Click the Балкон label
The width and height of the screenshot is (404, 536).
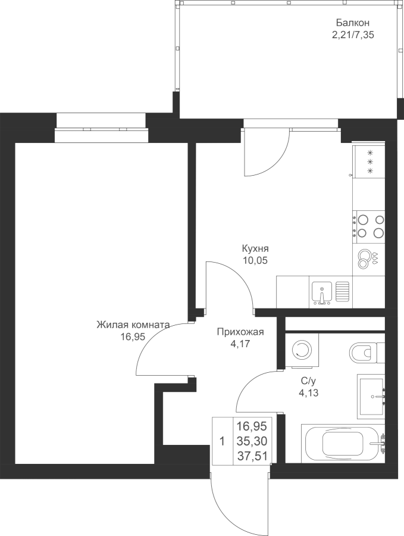[x=353, y=23]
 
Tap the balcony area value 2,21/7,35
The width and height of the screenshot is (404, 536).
[x=353, y=35]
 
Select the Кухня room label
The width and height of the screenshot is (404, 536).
[x=255, y=248]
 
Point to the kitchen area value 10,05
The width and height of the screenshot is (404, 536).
[x=255, y=260]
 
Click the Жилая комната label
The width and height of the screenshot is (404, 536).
[x=133, y=325]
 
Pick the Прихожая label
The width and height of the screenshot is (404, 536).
[x=240, y=332]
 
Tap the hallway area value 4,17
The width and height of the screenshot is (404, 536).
[x=240, y=344]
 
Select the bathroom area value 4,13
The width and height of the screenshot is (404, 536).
[x=309, y=393]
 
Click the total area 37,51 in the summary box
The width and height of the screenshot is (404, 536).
[x=252, y=456]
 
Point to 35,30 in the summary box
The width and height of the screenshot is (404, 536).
[x=252, y=441]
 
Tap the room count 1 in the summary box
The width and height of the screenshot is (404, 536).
[x=223, y=441]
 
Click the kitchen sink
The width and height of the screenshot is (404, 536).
[x=322, y=292]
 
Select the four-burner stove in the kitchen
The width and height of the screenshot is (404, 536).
[x=369, y=226]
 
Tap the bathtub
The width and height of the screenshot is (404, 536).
[x=343, y=444]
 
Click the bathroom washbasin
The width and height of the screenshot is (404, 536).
[x=371, y=397]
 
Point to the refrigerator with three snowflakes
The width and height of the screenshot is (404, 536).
[x=369, y=161]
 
